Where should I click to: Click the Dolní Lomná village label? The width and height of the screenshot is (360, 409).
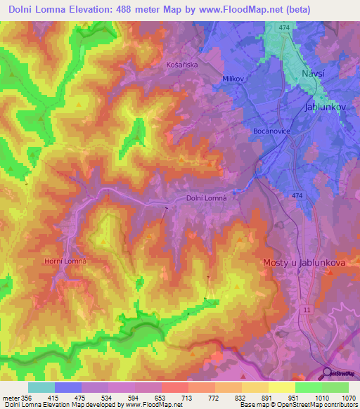206,199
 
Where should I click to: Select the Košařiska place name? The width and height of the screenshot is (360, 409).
182,64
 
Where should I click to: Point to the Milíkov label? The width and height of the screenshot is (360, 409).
233,79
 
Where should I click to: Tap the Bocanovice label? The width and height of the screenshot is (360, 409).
271,131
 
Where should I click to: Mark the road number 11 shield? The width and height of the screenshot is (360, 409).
307,309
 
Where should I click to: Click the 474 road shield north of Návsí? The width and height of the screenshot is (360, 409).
283,27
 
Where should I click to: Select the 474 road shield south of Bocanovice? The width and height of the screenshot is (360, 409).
297,195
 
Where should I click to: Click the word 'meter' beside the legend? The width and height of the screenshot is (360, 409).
10,397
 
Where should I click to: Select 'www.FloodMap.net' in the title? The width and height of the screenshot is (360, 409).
223,11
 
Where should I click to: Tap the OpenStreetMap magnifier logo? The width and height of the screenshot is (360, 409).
326,373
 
